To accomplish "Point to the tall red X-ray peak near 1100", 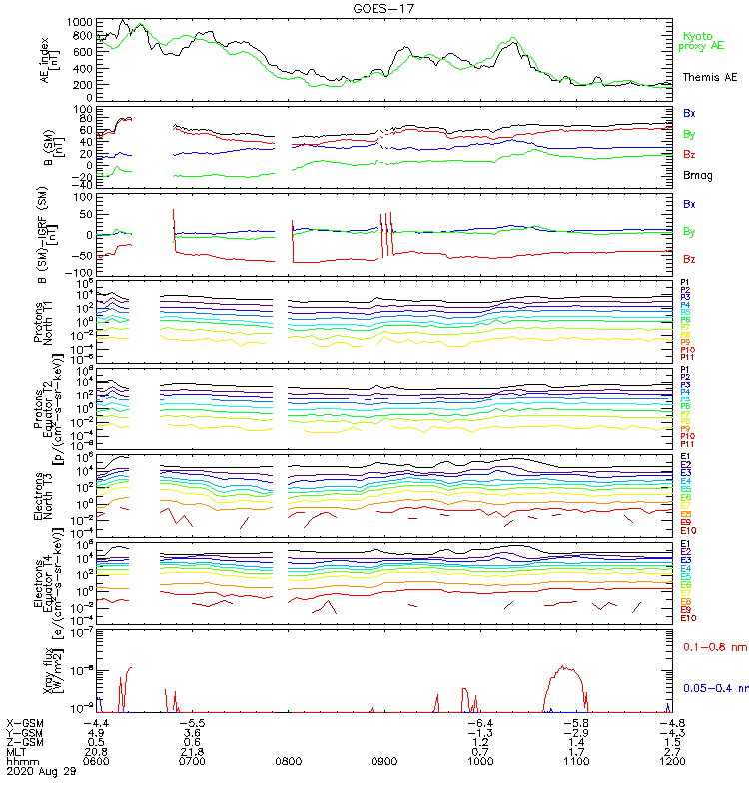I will click(564, 666).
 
